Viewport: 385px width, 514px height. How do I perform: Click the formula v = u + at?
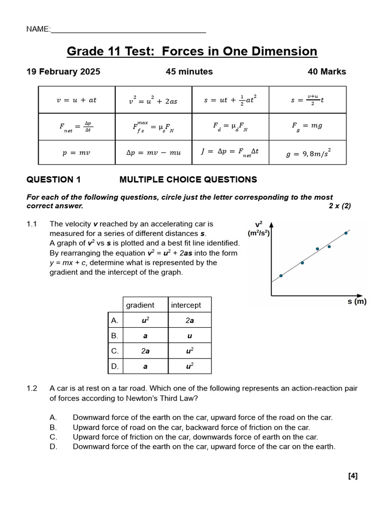tap(76, 100)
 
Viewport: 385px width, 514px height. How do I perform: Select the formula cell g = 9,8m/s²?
tap(307, 153)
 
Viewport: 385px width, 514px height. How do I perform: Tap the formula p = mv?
tap(76, 153)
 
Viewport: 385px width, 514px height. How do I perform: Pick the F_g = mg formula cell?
tap(307, 126)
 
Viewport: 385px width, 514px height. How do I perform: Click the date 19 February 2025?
tap(63, 72)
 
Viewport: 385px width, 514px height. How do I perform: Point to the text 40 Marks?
tap(327, 72)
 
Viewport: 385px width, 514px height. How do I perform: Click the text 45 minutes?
tap(189, 72)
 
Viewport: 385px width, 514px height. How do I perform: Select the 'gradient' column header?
tap(140, 305)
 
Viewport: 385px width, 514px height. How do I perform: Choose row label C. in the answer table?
tap(115, 351)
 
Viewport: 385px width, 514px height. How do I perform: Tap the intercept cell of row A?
tap(189, 320)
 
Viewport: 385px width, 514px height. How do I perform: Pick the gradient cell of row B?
tap(145, 336)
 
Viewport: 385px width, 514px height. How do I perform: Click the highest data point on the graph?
tap(346, 233)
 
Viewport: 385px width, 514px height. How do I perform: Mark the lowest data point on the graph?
tap(281, 276)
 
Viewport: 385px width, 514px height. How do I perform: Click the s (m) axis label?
tap(357, 302)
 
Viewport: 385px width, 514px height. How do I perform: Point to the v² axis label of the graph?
tap(259, 224)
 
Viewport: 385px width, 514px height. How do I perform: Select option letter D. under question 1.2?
tap(54, 447)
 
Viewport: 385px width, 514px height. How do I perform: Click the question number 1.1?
tap(32, 224)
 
